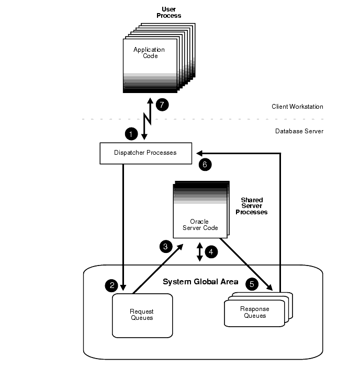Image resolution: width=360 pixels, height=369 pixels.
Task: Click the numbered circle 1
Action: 131,134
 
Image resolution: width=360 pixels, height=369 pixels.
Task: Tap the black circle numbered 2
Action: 111,285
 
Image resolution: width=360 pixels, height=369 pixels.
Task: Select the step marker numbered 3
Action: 165,246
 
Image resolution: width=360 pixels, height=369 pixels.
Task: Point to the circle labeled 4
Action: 211,252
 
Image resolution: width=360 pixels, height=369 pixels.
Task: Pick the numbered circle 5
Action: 252,284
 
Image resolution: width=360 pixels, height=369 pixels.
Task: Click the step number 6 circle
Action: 205,165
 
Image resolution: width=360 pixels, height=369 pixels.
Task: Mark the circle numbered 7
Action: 162,105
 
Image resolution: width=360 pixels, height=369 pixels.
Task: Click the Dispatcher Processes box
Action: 145,153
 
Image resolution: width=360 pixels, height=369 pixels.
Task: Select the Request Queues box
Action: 142,315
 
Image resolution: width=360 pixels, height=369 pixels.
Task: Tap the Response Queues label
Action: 254,313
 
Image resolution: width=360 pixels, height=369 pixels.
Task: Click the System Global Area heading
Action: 200,282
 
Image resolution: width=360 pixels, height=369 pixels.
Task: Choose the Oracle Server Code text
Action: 200,225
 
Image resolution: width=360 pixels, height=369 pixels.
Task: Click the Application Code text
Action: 149,53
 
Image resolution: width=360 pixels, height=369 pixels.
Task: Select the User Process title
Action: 168,13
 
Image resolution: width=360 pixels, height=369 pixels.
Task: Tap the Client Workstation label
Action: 297,107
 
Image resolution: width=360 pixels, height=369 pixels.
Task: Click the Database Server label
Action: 299,131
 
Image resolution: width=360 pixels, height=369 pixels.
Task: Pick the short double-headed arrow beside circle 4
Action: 199,252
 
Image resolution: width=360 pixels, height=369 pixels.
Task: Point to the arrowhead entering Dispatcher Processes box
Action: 200,153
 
